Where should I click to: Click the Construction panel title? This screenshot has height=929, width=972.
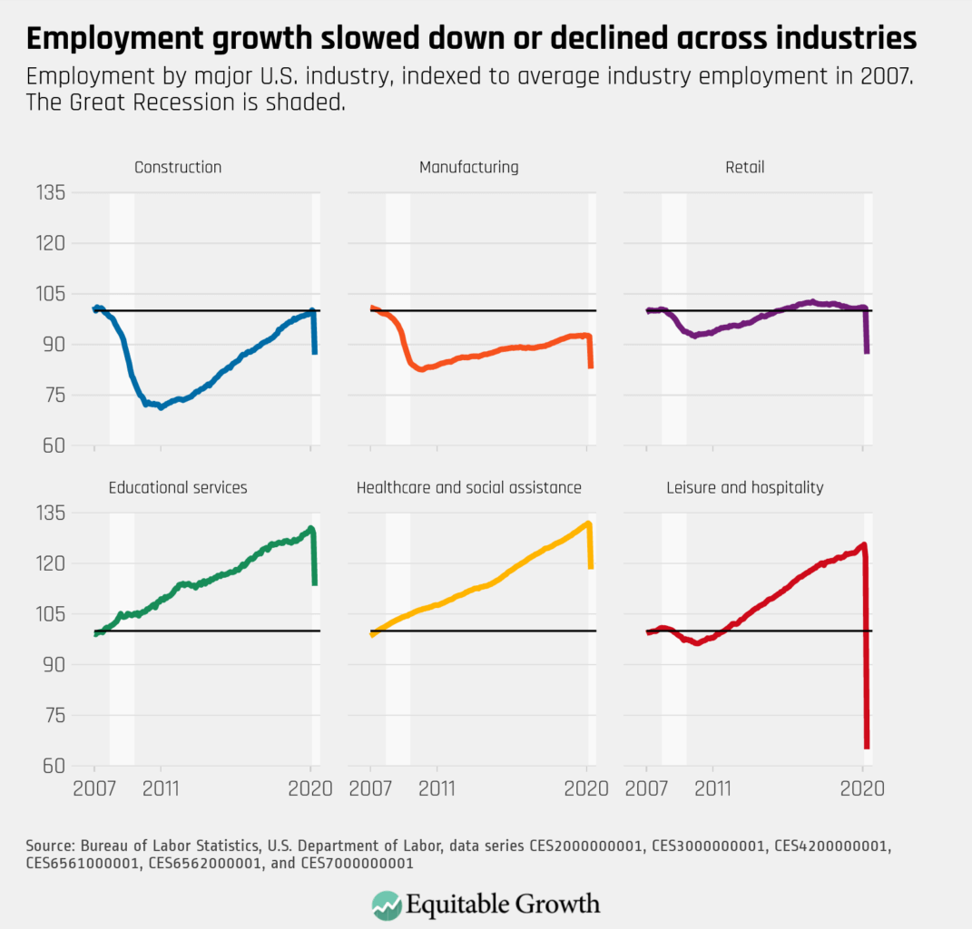178,167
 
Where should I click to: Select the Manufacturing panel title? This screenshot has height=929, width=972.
468,167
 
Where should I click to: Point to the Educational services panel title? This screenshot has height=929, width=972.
178,487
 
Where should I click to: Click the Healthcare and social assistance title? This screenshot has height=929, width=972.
468,487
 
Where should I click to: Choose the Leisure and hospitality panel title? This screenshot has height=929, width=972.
744,487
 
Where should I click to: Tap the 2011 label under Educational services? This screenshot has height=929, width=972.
161,787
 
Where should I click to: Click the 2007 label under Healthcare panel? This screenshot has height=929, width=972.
370,787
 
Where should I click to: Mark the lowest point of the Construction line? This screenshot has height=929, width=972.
161,407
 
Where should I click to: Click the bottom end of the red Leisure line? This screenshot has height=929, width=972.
867,747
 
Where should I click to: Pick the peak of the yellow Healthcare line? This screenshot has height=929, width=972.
588,523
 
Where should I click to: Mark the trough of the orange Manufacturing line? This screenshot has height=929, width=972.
421,369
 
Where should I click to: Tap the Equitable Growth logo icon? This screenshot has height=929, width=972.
388,905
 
